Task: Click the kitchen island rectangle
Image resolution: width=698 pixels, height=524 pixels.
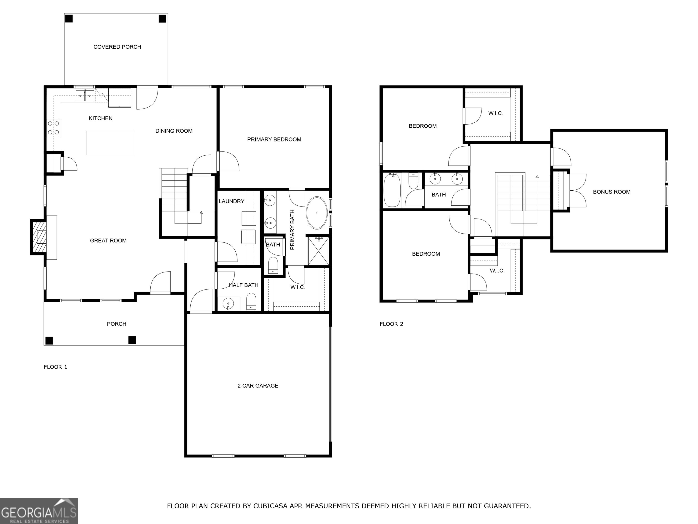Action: [x=110, y=143]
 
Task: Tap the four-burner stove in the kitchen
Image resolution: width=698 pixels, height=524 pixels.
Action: [x=54, y=128]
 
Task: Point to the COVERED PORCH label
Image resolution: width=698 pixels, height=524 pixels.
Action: [x=117, y=47]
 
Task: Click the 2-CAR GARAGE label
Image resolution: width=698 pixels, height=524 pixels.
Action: [x=258, y=386]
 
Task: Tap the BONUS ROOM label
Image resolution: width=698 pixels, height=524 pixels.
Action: [x=611, y=192]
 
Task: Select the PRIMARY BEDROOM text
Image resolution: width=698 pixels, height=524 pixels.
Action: [x=274, y=139]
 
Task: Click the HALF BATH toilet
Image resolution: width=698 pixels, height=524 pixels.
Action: [x=251, y=302]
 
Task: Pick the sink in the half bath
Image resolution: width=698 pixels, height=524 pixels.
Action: [x=228, y=304]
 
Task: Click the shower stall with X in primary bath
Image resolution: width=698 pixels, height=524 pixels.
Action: [x=318, y=251]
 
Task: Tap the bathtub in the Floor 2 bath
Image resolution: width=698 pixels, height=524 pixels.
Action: [x=392, y=190]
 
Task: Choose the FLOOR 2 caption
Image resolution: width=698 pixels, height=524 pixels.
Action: [x=391, y=324]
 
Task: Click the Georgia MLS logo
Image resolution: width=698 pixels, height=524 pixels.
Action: [x=39, y=511]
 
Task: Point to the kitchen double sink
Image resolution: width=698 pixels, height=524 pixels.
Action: [x=85, y=95]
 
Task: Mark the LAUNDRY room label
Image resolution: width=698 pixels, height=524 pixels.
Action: [x=231, y=201]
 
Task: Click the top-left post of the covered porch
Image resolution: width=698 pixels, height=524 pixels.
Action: [x=69, y=19]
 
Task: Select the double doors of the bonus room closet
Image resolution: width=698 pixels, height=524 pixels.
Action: [x=577, y=190]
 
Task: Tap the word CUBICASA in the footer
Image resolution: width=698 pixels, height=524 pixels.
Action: [x=270, y=506]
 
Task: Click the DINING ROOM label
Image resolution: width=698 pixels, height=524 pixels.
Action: [x=174, y=131]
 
